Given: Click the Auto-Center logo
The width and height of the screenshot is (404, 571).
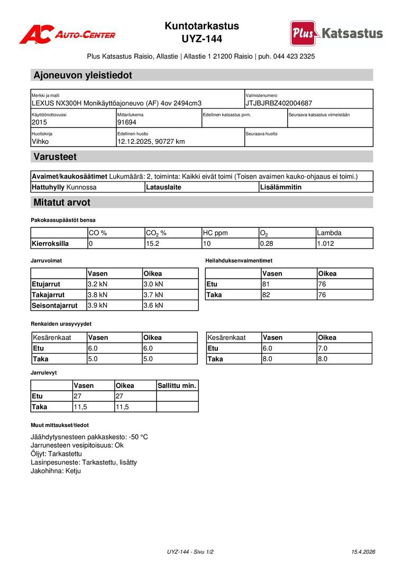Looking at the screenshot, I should (x=67, y=34).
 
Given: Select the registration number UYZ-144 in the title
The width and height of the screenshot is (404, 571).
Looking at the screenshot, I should (x=201, y=39).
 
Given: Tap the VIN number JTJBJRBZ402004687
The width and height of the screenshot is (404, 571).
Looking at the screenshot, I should (x=279, y=103).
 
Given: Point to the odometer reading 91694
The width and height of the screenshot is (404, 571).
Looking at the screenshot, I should (x=127, y=122).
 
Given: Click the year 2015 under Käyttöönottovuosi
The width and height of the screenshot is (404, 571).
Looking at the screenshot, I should (x=40, y=122).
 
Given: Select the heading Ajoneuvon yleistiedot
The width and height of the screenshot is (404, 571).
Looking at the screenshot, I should (x=82, y=75).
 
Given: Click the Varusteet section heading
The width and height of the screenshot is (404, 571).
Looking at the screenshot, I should (x=55, y=156).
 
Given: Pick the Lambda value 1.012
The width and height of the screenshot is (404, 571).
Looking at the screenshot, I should (x=325, y=244).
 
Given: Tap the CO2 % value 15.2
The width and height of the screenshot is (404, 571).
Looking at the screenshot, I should (x=153, y=244).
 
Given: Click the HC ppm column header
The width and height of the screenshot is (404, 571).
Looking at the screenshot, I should (x=215, y=233).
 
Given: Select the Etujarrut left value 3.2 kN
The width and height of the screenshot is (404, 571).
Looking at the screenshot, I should (x=97, y=284).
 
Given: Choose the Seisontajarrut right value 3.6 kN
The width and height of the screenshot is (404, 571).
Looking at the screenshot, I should (x=153, y=306).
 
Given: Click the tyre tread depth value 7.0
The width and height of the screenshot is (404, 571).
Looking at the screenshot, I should (x=323, y=348).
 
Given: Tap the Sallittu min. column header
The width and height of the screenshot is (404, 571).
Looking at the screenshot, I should (x=177, y=386).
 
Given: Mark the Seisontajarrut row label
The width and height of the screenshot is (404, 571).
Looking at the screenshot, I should (x=54, y=306).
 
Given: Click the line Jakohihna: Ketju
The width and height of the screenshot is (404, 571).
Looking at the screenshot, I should (x=56, y=471).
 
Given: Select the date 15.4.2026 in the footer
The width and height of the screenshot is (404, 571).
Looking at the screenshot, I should (x=363, y=552).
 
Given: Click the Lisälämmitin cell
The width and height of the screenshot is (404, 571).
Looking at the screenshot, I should (x=281, y=187).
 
